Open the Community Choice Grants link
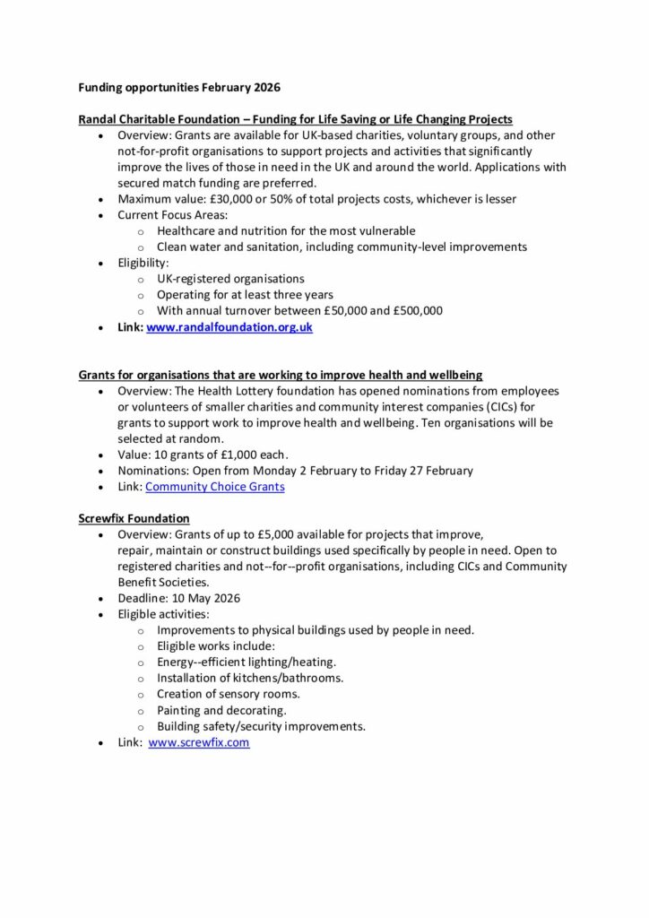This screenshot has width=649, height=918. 214,487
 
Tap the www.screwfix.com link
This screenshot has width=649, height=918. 199,742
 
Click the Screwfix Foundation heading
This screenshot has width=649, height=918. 134,518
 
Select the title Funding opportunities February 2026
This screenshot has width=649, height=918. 179,88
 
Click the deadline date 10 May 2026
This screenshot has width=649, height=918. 206,598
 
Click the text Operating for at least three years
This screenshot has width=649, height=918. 244,295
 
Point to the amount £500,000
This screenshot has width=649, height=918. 419,311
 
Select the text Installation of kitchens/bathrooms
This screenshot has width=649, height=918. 250,678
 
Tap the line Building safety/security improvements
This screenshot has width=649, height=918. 261,726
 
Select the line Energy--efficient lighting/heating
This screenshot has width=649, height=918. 247,662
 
